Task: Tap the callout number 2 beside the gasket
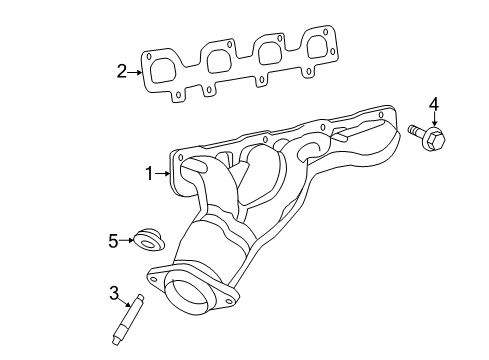(121, 71)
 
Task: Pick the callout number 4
(433, 104)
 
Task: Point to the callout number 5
(114, 240)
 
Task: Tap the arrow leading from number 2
(134, 71)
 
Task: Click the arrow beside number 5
(128, 240)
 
